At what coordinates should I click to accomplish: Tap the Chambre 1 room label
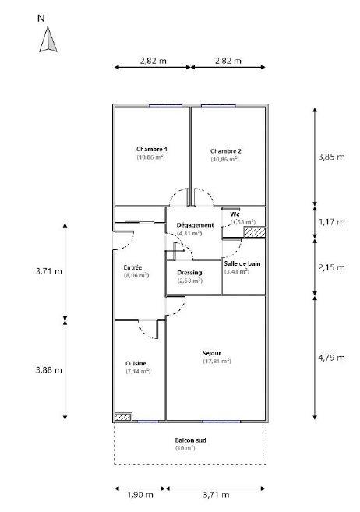point(152,149)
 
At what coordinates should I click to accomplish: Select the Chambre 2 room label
point(226,150)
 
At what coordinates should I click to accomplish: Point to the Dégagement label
point(189,224)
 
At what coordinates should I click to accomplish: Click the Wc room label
point(234,214)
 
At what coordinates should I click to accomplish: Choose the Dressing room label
point(189,272)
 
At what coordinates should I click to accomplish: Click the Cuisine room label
point(136,363)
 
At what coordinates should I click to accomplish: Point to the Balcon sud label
point(189,440)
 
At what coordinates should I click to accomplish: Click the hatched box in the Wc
point(256,231)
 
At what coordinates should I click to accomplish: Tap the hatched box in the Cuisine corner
point(123,417)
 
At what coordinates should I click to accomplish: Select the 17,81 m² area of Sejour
point(217,361)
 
